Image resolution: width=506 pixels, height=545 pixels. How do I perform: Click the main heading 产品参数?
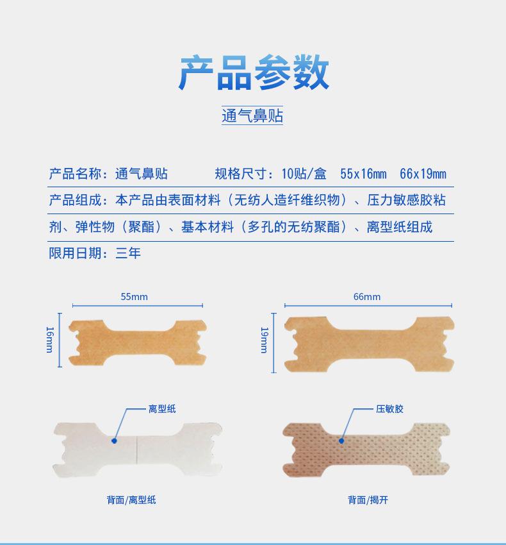(x=253, y=72)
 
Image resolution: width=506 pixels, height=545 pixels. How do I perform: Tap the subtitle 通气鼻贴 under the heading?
(x=252, y=115)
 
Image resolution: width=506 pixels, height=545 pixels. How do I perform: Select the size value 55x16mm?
(x=363, y=174)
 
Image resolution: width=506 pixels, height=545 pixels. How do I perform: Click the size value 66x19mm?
(x=423, y=174)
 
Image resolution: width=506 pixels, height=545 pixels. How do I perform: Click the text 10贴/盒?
(x=304, y=174)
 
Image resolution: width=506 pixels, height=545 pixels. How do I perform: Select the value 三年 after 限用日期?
(x=128, y=253)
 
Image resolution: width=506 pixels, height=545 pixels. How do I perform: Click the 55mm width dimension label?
(x=135, y=296)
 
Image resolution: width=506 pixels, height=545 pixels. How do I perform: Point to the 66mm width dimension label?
(x=367, y=296)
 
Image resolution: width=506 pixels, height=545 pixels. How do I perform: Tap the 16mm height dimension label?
(x=50, y=339)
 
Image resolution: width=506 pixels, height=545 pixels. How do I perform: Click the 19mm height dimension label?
(x=263, y=339)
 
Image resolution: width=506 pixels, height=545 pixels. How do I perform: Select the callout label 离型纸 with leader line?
(x=162, y=408)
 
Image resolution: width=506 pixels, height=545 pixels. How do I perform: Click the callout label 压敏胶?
(x=389, y=408)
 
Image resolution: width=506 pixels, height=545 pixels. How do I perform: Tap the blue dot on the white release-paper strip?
(x=114, y=440)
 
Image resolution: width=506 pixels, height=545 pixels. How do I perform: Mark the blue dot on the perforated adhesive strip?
(x=341, y=440)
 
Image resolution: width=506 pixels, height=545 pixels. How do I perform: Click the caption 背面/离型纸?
(x=131, y=499)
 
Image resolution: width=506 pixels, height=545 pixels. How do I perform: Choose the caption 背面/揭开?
(x=368, y=499)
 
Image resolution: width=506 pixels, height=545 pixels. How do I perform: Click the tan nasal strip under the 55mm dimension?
(x=138, y=340)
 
